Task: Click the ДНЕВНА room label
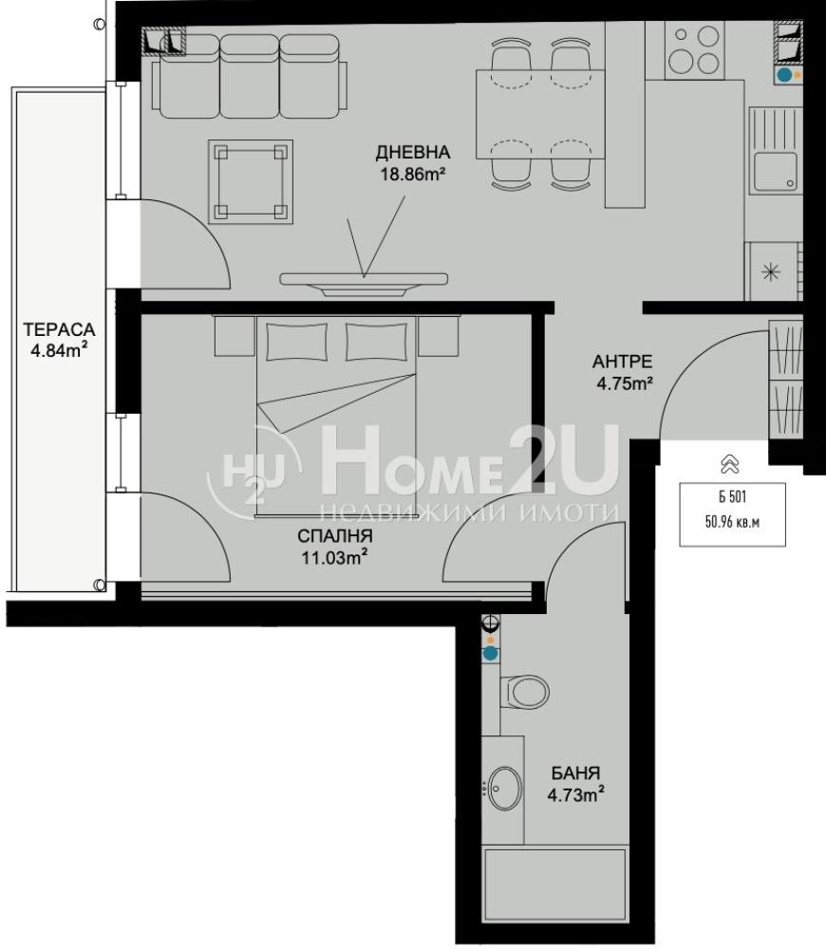tap(412, 153)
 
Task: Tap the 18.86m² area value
tap(413, 175)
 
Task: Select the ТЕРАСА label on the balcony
tap(60, 330)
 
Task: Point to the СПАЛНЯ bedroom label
tap(335, 536)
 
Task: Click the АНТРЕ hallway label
tap(623, 362)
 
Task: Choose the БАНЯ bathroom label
tap(575, 772)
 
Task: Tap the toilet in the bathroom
tap(524, 691)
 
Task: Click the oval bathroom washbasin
tap(504, 789)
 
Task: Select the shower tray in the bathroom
tap(555, 887)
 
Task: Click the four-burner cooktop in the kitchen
tap(695, 50)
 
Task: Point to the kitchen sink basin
tap(775, 171)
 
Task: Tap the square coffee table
tap(251, 181)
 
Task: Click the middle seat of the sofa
tap(249, 76)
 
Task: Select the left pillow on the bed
tap(297, 342)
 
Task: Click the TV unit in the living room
tap(364, 284)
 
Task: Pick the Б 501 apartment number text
tap(733, 497)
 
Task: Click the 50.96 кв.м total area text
tap(732, 522)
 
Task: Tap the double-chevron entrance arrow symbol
tap(730, 464)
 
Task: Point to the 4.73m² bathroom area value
tap(576, 794)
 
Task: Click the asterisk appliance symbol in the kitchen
tap(770, 271)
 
